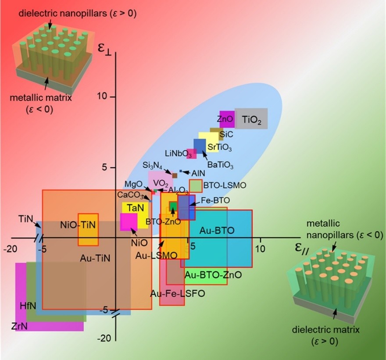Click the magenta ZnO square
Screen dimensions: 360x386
(x=227, y=119)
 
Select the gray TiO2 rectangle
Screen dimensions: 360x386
(x=251, y=118)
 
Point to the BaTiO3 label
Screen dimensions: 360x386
(x=220, y=165)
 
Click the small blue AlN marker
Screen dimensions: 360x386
(x=180, y=171)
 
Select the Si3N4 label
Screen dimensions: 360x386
(x=152, y=165)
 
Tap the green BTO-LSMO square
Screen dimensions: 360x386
(x=196, y=186)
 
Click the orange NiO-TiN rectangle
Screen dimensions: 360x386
(x=88, y=229)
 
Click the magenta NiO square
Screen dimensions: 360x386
(x=129, y=222)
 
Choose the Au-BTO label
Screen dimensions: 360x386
(x=217, y=230)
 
